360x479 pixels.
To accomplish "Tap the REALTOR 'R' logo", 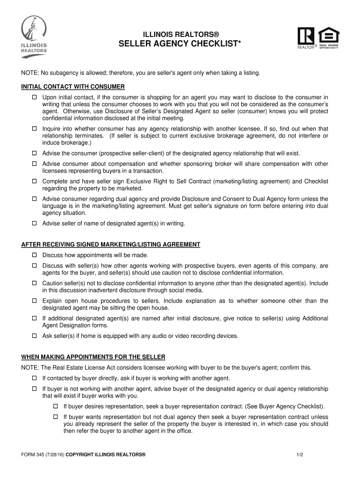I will pyautogui.click(x=307, y=37).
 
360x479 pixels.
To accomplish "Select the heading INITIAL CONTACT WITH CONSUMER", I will pyautogui.click(x=73, y=87).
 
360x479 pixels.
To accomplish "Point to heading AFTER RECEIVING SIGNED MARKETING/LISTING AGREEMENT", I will pyautogui.click(x=111, y=245).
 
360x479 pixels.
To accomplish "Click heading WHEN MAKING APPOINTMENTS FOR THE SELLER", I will pyautogui.click(x=93, y=357).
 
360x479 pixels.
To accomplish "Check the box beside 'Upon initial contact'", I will pyautogui.click(x=34, y=97).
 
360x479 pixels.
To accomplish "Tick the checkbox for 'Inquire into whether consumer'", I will pyautogui.click(x=34, y=129).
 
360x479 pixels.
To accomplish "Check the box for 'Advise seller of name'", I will pyautogui.click(x=34, y=224).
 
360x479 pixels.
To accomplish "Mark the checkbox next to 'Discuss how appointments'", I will pyautogui.click(x=34, y=255).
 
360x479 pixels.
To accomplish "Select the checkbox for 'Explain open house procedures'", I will pyautogui.click(x=34, y=301).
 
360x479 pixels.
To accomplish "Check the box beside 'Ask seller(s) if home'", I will pyautogui.click(x=34, y=336).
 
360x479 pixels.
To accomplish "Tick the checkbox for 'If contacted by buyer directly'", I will pyautogui.click(x=34, y=378).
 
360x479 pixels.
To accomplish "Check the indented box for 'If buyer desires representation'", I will pyautogui.click(x=55, y=406).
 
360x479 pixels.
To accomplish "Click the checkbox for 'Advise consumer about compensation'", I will pyautogui.click(x=34, y=164).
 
